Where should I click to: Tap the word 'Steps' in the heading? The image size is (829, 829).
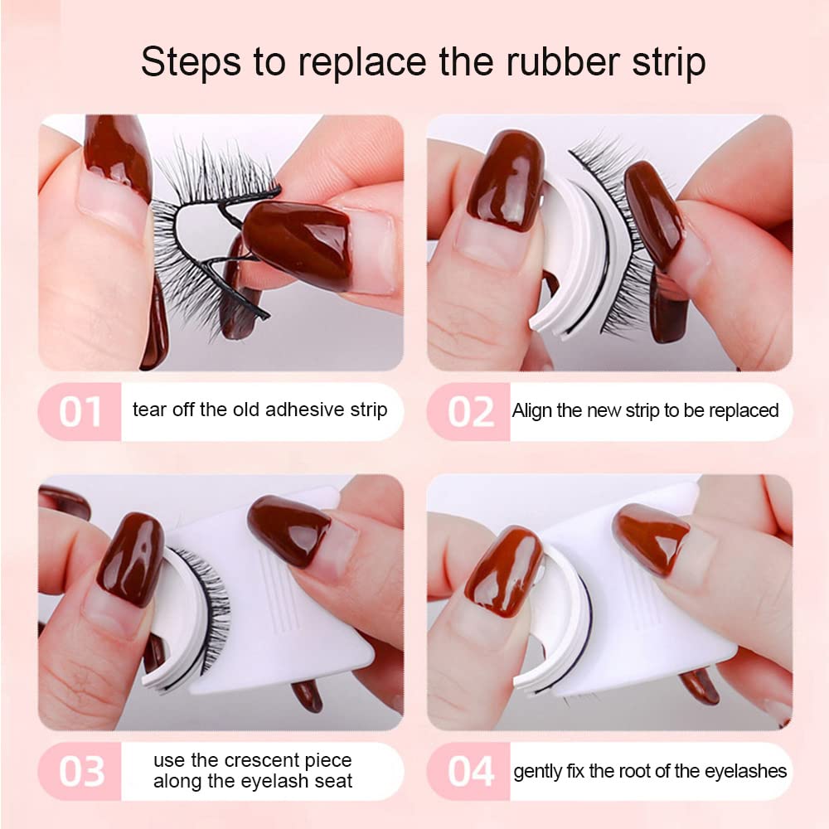tap(191, 62)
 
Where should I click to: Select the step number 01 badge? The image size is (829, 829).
tap(80, 412)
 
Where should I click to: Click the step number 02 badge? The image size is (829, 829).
tap(469, 412)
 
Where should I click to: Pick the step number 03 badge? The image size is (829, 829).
tap(80, 771)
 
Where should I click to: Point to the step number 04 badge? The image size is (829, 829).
tap(469, 771)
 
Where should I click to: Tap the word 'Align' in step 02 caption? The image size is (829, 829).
tap(532, 411)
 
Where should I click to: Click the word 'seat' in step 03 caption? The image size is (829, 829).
tap(333, 782)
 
